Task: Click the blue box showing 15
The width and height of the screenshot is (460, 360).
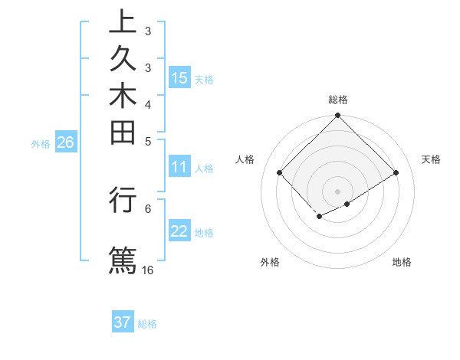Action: (x=179, y=77)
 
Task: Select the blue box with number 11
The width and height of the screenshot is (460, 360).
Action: (x=179, y=168)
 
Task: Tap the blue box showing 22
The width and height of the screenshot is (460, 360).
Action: (x=179, y=231)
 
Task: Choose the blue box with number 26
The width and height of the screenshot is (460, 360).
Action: (x=65, y=142)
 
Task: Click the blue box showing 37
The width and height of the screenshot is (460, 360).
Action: (x=123, y=322)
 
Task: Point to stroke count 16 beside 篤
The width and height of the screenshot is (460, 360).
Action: (x=148, y=270)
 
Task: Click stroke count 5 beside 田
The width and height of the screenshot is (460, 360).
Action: (x=148, y=141)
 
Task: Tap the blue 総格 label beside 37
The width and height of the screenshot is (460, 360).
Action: (x=147, y=324)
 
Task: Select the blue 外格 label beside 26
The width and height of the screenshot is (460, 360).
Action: (x=41, y=142)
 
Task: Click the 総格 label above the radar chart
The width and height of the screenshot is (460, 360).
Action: (x=338, y=100)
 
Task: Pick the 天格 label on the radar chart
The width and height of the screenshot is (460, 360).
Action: (x=431, y=159)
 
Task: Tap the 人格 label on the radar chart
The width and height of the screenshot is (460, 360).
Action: (x=245, y=159)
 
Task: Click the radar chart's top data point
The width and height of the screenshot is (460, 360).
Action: (x=338, y=116)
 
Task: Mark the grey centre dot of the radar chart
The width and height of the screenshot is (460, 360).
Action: (x=338, y=191)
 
